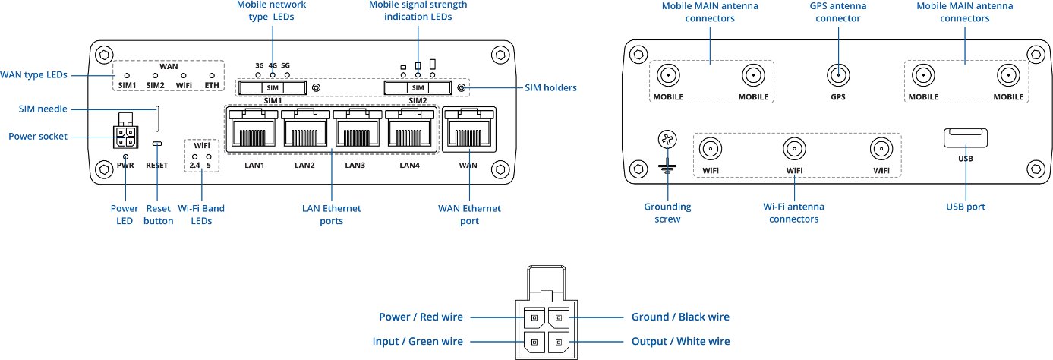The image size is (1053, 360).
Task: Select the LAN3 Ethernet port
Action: pyautogui.click(x=358, y=128)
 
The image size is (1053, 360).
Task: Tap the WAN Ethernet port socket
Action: pyautogui.click(x=469, y=129)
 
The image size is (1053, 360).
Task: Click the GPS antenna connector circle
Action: pyautogui.click(x=838, y=75)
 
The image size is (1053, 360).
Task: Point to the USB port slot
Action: pyautogui.click(x=966, y=138)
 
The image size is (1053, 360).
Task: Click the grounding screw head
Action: pyautogui.click(x=667, y=140)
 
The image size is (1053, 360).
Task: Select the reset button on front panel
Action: pyautogui.click(x=157, y=144)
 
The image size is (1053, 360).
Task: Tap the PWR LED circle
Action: pyautogui.click(x=125, y=156)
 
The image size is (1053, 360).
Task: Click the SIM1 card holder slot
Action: pyautogui.click(x=273, y=87)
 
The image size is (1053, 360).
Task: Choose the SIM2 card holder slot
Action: pyautogui.click(x=418, y=87)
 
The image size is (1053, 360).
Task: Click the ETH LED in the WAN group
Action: pyautogui.click(x=212, y=76)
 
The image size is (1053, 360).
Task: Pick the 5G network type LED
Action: pyautogui.click(x=287, y=74)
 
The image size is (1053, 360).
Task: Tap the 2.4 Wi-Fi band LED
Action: pyautogui.click(x=194, y=156)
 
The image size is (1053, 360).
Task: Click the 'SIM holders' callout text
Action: pyautogui.click(x=550, y=87)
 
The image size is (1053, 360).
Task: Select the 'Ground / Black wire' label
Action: pyautogui.click(x=680, y=317)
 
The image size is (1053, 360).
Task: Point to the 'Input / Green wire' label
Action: pyautogui.click(x=418, y=341)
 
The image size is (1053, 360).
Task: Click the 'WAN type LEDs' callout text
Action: pyautogui.click(x=33, y=74)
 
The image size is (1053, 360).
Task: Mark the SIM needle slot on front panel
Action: pyautogui.click(x=157, y=118)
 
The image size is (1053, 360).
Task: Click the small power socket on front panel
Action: pyautogui.click(x=125, y=136)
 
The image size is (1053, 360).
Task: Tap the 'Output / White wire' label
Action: pyautogui.click(x=681, y=341)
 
